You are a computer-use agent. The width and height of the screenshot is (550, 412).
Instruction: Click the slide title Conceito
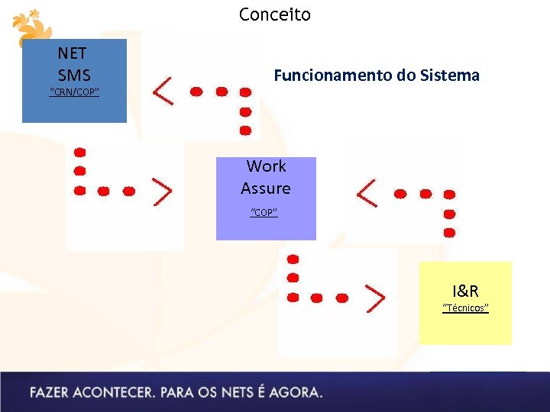click(275, 14)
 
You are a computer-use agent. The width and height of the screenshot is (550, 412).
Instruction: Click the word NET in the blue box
click(73, 53)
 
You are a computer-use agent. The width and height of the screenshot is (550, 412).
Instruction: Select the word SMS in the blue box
click(74, 75)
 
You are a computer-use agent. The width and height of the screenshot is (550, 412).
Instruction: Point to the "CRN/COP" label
click(74, 93)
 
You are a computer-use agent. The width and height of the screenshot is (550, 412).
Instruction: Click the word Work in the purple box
click(266, 166)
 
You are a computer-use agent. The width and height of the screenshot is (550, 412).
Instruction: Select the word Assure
click(266, 188)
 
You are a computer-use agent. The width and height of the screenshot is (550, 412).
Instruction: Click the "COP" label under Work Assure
click(264, 212)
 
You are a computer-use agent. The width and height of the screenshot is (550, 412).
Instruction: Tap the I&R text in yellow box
click(465, 291)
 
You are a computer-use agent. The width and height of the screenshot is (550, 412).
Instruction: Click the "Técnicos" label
click(465, 308)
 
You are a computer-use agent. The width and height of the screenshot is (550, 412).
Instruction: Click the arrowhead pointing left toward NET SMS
click(163, 92)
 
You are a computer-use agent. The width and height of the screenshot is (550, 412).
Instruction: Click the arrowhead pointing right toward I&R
click(374, 298)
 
